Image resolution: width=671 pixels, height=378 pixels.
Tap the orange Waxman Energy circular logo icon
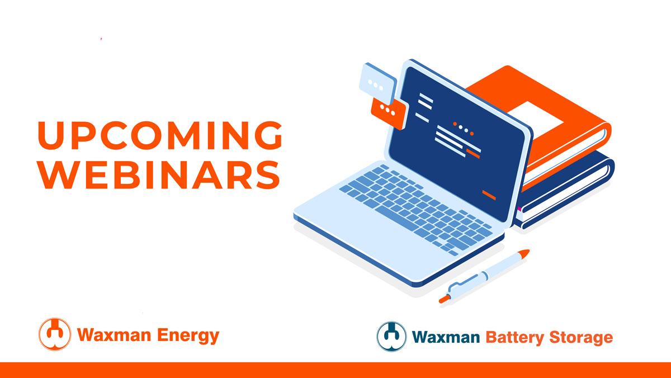click(x=55, y=334)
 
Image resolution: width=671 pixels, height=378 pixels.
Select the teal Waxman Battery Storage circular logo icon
click(x=391, y=336)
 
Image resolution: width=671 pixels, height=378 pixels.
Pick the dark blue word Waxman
click(x=446, y=337)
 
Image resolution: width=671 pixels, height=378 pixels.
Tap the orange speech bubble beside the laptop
click(x=387, y=111)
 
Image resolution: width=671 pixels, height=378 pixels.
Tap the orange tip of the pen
click(x=523, y=254)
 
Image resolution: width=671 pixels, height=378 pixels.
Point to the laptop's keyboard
click(x=414, y=207)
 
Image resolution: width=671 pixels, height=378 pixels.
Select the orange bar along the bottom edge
click(x=335, y=370)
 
